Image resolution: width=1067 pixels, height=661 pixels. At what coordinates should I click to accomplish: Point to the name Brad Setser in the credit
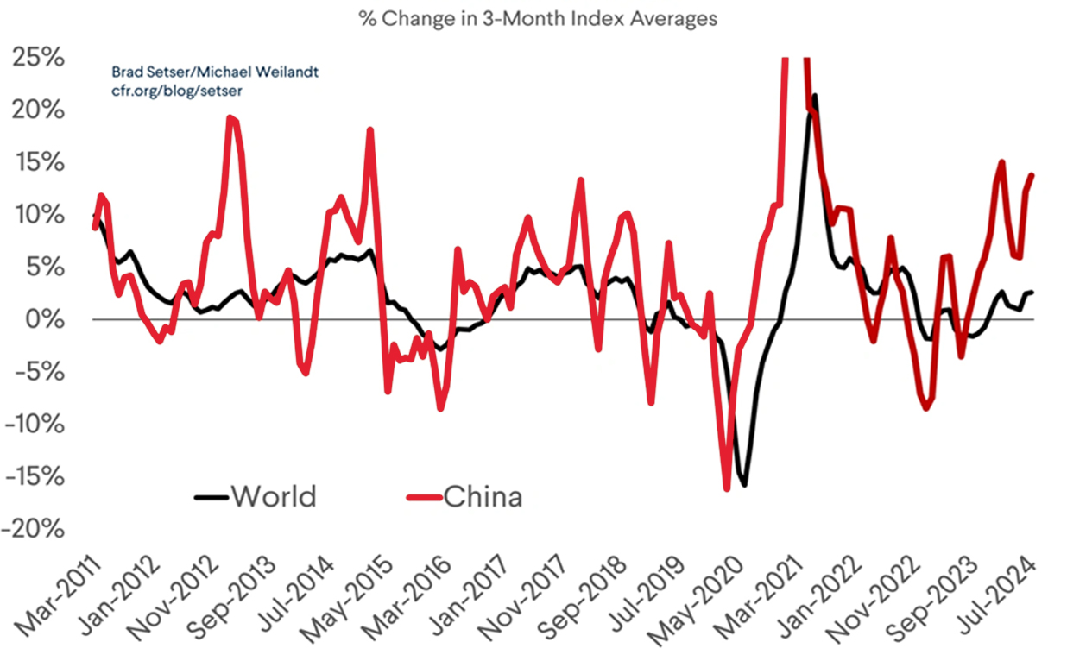click(147, 72)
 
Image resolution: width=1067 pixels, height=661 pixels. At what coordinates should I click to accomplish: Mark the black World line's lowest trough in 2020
click(744, 485)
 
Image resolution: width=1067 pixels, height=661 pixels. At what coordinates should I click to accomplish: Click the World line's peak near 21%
click(814, 97)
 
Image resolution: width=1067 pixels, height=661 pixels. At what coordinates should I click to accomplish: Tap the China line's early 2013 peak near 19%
click(231, 118)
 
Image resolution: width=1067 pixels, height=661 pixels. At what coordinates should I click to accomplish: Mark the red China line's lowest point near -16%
click(727, 488)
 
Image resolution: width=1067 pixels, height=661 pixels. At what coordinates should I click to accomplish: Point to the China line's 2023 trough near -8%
click(926, 408)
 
